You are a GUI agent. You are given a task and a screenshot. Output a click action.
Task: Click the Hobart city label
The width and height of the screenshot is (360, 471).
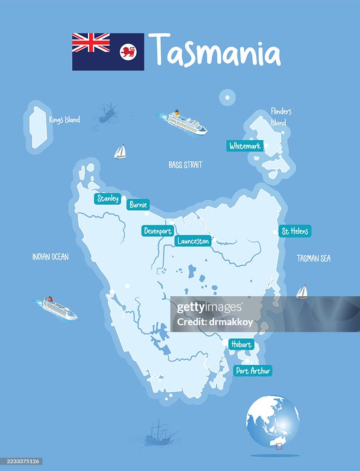pyautogui.click(x=241, y=344)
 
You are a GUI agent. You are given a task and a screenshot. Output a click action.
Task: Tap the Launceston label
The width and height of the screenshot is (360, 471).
pyautogui.click(x=193, y=241)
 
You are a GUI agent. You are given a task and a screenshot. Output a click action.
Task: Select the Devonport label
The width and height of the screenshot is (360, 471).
pyautogui.click(x=158, y=231)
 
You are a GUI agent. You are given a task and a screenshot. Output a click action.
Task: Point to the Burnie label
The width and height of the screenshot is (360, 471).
pyautogui.click(x=138, y=205)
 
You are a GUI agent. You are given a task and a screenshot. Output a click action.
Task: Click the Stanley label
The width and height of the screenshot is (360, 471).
pyautogui.click(x=108, y=199)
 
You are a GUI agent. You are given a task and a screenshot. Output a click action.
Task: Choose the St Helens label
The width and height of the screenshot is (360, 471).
pyautogui.click(x=295, y=231)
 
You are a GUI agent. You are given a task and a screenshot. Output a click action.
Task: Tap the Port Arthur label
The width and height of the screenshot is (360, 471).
pyautogui.click(x=253, y=370)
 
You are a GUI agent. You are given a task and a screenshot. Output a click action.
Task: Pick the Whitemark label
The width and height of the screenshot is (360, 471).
pyautogui.click(x=245, y=146)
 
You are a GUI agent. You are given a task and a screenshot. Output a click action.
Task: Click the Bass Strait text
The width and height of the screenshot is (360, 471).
pyautogui.click(x=186, y=165)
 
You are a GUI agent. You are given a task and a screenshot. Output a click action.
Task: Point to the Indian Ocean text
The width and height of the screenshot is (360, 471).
pyautogui.click(x=50, y=257)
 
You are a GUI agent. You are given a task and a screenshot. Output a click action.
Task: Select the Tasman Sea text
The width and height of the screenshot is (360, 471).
pyautogui.click(x=314, y=258)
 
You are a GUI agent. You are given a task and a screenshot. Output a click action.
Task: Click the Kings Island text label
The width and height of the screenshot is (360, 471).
pyautogui.click(x=64, y=120)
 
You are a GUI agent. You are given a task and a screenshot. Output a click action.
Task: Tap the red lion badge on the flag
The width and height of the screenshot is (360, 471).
pyautogui.click(x=128, y=52)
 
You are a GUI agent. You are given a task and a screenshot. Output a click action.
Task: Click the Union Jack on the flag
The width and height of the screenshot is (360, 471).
pyautogui.click(x=91, y=42)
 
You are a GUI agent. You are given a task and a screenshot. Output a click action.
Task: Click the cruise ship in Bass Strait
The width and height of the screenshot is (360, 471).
pyautogui.click(x=186, y=122)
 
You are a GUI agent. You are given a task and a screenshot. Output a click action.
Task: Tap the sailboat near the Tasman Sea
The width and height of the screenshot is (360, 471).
pyautogui.click(x=302, y=292)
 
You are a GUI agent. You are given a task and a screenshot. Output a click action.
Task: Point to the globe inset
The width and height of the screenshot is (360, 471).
pyautogui.click(x=273, y=421)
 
